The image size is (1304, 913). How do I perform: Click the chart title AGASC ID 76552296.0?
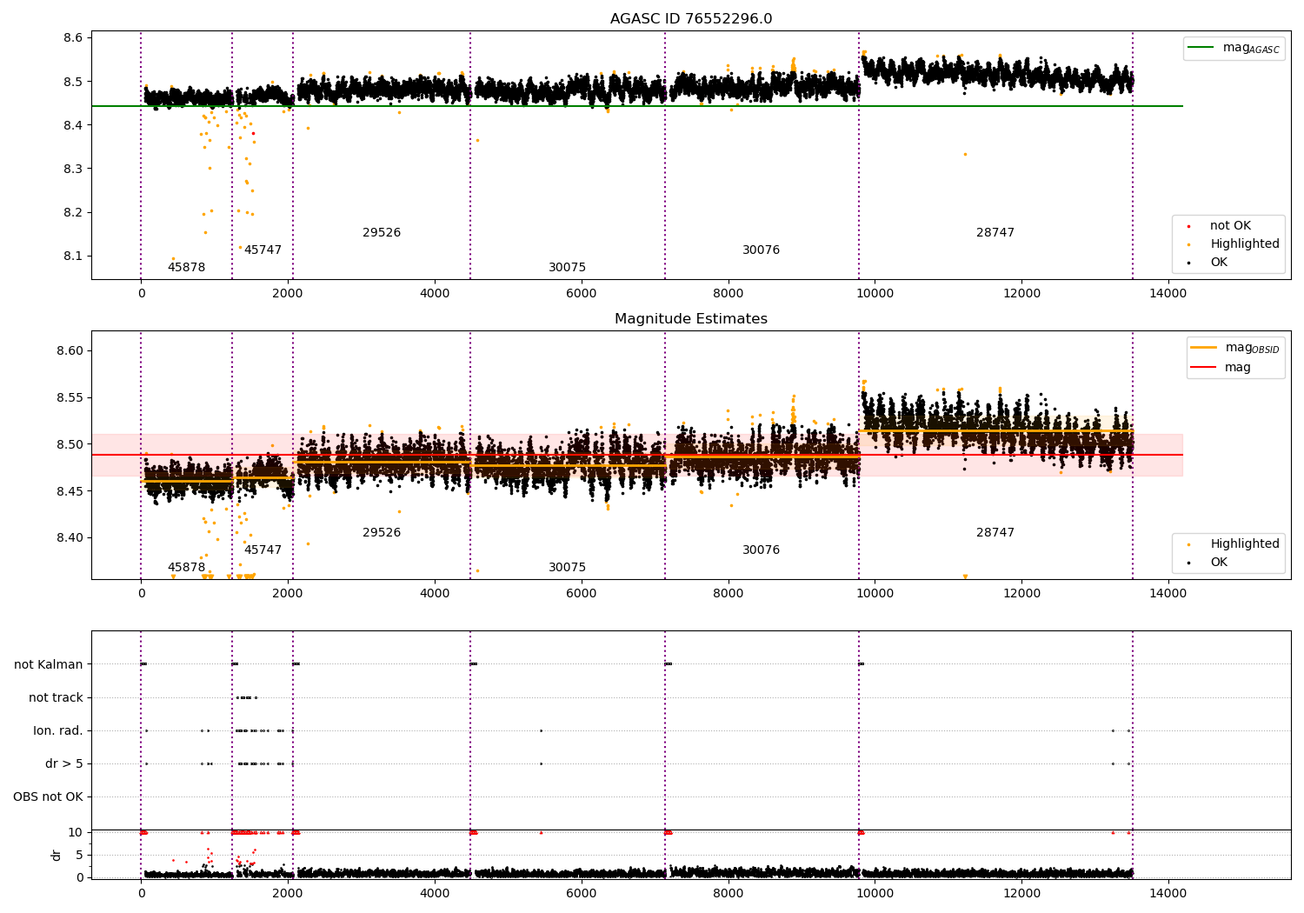point(690,19)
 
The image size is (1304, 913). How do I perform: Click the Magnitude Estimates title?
point(690,319)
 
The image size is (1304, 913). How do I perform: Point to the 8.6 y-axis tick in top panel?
point(72,38)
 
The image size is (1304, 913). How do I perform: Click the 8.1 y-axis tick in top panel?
point(72,256)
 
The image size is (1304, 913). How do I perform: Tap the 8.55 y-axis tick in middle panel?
point(69,397)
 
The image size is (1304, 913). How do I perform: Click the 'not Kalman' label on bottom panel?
point(49,664)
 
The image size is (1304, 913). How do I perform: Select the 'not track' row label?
point(56,697)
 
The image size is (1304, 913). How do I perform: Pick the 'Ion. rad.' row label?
point(58,730)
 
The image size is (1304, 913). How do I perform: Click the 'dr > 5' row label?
point(63,763)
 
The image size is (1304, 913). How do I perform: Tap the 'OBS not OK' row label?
point(48,796)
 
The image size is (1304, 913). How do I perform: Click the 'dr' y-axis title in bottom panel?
point(57,855)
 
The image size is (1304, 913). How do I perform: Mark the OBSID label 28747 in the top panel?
point(995,233)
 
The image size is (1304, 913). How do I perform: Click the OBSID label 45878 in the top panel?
point(186,268)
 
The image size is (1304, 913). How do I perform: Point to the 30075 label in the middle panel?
point(567,568)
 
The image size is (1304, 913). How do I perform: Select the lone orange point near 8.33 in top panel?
point(965,155)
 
